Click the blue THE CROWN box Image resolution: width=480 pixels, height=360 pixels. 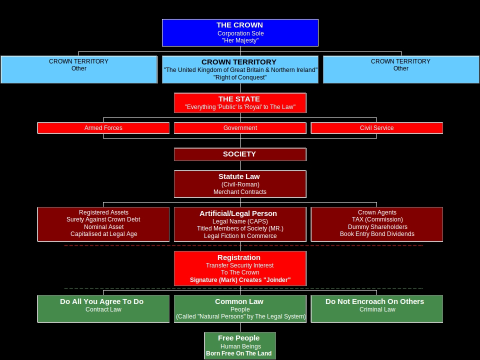240,32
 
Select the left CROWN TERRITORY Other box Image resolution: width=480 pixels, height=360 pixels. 79,69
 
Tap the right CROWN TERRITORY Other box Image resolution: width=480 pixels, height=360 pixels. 400,69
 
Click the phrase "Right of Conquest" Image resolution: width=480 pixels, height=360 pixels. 240,77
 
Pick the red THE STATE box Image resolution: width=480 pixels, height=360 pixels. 240,102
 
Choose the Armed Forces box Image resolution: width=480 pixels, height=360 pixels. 103,128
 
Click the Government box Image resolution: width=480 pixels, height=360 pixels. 240,128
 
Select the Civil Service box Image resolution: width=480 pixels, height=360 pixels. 376,128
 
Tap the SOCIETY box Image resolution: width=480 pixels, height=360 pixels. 240,154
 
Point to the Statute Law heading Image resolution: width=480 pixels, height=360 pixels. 239,176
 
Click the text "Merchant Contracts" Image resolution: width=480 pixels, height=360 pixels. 240,192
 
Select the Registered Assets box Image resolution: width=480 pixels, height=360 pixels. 103,224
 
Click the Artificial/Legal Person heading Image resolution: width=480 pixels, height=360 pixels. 238,213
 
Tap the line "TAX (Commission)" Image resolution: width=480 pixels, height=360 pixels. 377,219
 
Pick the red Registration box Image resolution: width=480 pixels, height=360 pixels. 240,268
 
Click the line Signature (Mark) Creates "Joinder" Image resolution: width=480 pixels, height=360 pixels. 240,280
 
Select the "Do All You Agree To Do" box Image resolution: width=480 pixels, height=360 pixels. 103,308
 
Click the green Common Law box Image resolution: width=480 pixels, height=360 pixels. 240,308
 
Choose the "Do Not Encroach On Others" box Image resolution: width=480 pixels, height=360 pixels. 376,308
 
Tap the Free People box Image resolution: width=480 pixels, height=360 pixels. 240,345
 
